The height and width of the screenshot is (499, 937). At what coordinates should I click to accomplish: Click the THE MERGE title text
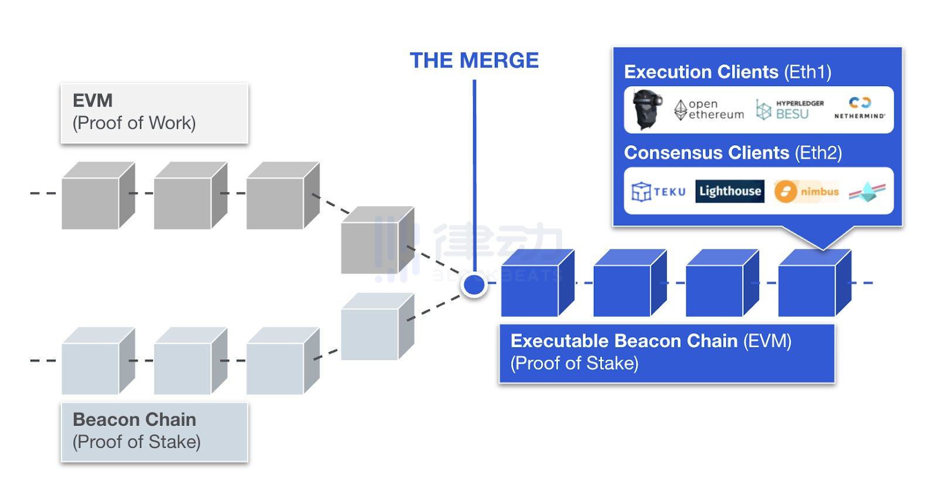pos(474,60)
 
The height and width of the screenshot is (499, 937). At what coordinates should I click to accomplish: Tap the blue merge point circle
pos(474,285)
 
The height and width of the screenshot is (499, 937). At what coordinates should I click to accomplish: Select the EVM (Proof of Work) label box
pos(154,112)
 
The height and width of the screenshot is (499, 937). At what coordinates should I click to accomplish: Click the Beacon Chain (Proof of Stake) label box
pos(154,431)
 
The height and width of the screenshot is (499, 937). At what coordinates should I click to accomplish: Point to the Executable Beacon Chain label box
pos(666,353)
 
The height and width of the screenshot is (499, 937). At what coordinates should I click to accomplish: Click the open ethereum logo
pos(709,110)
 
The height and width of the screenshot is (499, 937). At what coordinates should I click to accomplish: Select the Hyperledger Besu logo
pos(789,110)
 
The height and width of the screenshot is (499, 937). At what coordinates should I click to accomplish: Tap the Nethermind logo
pos(860,109)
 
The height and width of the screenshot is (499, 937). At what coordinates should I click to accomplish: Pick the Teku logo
pos(658,192)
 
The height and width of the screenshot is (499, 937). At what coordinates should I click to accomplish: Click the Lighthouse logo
pos(730,192)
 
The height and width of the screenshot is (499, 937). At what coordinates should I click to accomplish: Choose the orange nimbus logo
pos(806,192)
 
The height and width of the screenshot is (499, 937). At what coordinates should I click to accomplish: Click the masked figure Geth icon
pos(648,110)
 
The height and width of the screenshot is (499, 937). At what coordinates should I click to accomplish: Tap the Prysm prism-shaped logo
pos(867,192)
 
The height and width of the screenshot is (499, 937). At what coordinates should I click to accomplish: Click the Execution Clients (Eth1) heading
pos(727,72)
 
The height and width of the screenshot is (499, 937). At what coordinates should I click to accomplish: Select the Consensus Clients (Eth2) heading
pos(733,153)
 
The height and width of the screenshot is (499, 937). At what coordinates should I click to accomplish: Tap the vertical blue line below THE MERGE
pos(474,176)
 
